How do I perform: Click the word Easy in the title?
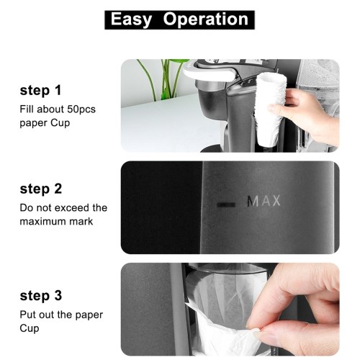[x=131, y=20]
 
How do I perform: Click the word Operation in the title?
[x=206, y=19]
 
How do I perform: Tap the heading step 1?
[x=40, y=91]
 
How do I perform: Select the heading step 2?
[x=41, y=189]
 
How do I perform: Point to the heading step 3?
[x=41, y=296]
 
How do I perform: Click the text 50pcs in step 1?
[x=81, y=109]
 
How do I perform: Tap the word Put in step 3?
[x=28, y=315]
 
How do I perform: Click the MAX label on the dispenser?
[x=264, y=201]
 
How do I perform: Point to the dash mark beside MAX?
[x=226, y=204]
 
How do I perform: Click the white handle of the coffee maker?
[x=209, y=73]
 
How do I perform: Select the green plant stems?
[x=164, y=79]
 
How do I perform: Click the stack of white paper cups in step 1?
[x=270, y=109]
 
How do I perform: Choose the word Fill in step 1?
[x=27, y=109]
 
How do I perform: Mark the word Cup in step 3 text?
[x=30, y=328]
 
